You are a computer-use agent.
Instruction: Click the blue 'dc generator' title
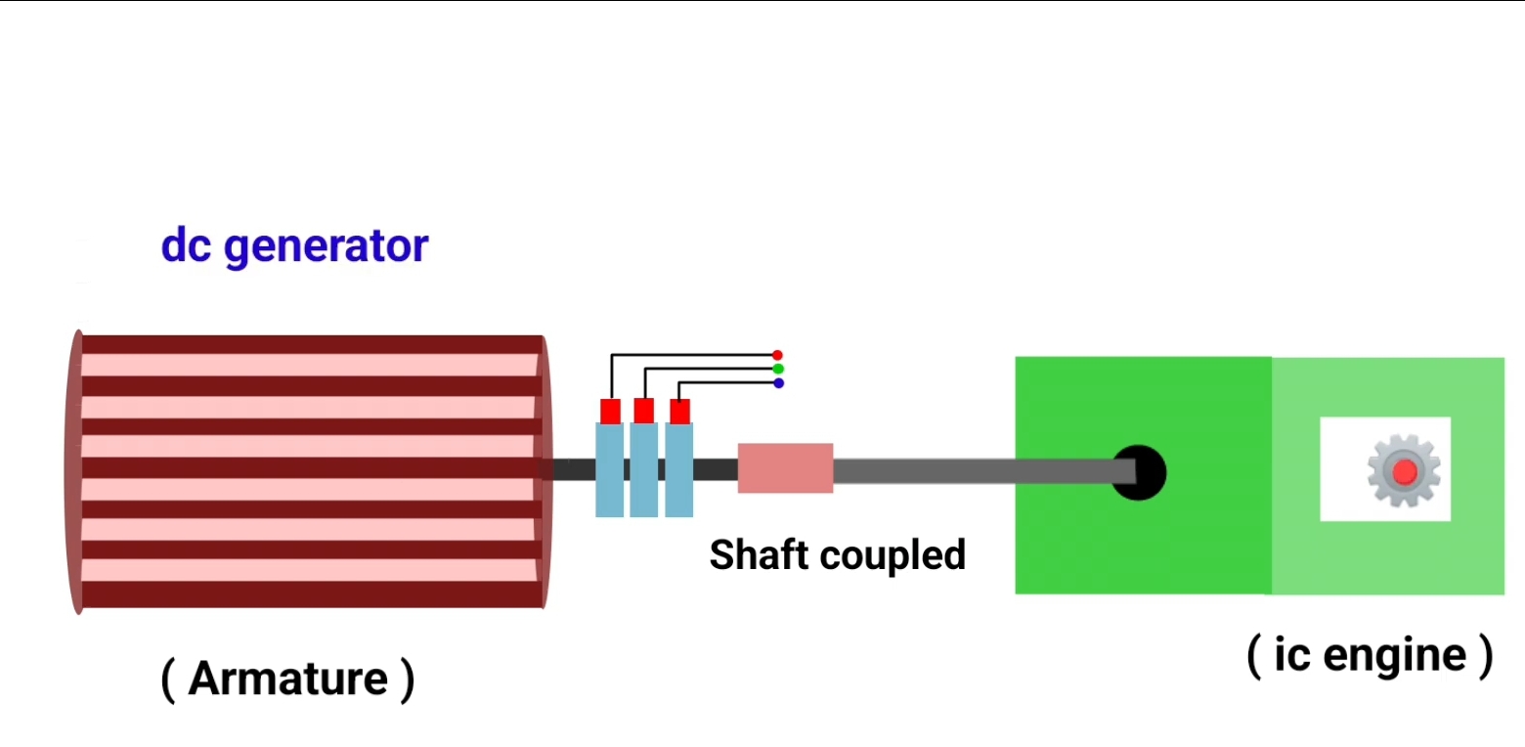pyautogui.click(x=294, y=246)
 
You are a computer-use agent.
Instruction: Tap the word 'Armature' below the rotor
pyautogui.click(x=287, y=679)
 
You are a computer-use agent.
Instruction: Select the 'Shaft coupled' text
pyautogui.click(x=837, y=554)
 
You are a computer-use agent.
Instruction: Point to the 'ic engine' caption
pyautogui.click(x=1370, y=655)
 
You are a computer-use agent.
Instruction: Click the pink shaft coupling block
pyautogui.click(x=785, y=468)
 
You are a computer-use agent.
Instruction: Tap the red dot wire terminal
pyautogui.click(x=777, y=355)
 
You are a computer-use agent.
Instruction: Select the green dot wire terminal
pyautogui.click(x=777, y=370)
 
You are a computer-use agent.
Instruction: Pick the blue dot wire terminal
pyautogui.click(x=778, y=383)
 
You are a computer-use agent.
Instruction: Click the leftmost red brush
pyautogui.click(x=610, y=411)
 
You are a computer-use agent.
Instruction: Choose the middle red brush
pyautogui.click(x=643, y=411)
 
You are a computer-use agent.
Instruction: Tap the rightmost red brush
pyautogui.click(x=679, y=411)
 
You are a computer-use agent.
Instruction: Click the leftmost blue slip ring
pyautogui.click(x=609, y=469)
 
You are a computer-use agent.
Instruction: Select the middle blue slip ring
pyautogui.click(x=643, y=469)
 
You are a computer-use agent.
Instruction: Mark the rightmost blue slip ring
pyautogui.click(x=678, y=469)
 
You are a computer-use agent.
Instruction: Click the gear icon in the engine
pyautogui.click(x=1404, y=472)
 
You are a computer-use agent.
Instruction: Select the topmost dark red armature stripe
pyautogui.click(x=311, y=344)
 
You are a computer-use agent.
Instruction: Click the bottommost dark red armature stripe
pyautogui.click(x=311, y=594)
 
